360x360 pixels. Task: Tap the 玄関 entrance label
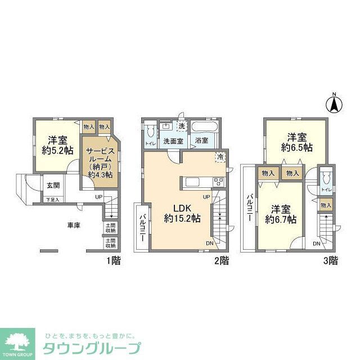pos(53,186)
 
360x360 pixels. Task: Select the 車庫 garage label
pos(74,226)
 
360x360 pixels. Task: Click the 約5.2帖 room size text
pos(57,151)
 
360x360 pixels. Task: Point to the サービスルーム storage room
pos(100,163)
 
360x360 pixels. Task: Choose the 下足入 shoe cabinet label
pos(52,200)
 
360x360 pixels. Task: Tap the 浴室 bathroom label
pos(202,141)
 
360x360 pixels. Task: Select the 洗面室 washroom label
pos(173,141)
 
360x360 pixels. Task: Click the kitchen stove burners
pos(218,182)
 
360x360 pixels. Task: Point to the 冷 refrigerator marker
pos(220,156)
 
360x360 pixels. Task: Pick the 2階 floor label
pos(221,260)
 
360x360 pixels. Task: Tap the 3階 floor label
pos(330,260)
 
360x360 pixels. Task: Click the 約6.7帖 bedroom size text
pos(280,219)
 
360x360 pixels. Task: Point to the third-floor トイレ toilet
pos(326,181)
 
